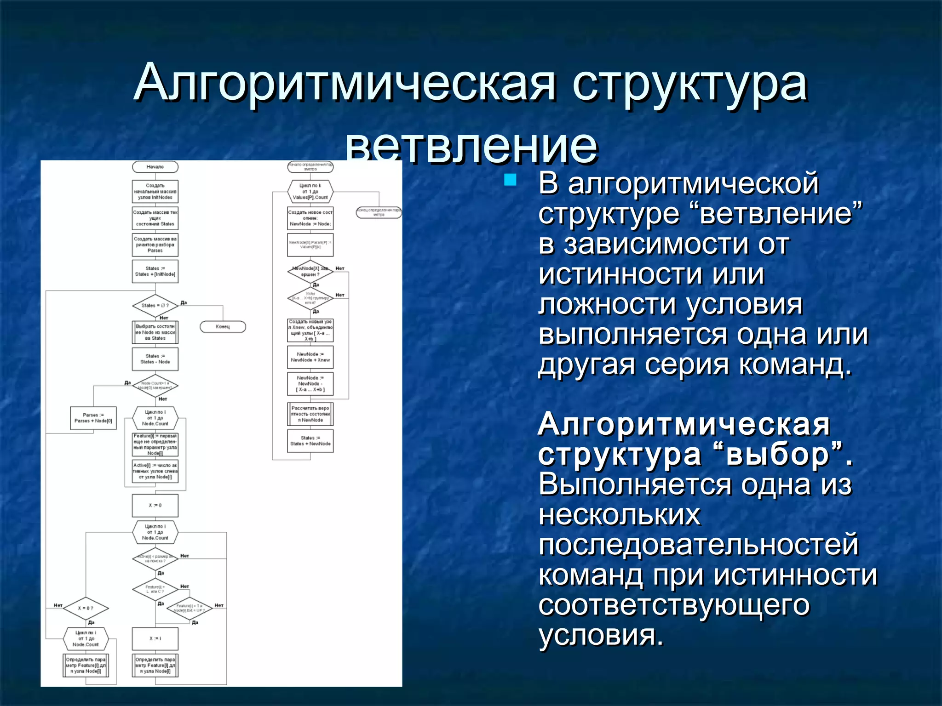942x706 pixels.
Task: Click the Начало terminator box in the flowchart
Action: (x=155, y=167)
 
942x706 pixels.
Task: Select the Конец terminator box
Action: (x=223, y=327)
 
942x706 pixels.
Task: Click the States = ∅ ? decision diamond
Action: (x=155, y=306)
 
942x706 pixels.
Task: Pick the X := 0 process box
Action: (x=155, y=506)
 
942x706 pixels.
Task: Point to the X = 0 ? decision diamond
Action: (x=86, y=609)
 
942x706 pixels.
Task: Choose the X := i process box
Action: (x=155, y=639)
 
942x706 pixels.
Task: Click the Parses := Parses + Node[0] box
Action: (x=93, y=418)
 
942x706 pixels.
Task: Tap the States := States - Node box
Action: (x=155, y=359)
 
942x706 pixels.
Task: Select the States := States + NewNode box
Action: (x=310, y=441)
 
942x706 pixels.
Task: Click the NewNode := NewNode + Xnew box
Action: (x=310, y=357)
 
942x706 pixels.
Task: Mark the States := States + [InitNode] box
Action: (x=155, y=272)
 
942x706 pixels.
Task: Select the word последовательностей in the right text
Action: (x=699, y=545)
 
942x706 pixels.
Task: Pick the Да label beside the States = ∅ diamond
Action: (x=184, y=303)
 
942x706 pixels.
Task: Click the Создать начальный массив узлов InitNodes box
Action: (x=155, y=192)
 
